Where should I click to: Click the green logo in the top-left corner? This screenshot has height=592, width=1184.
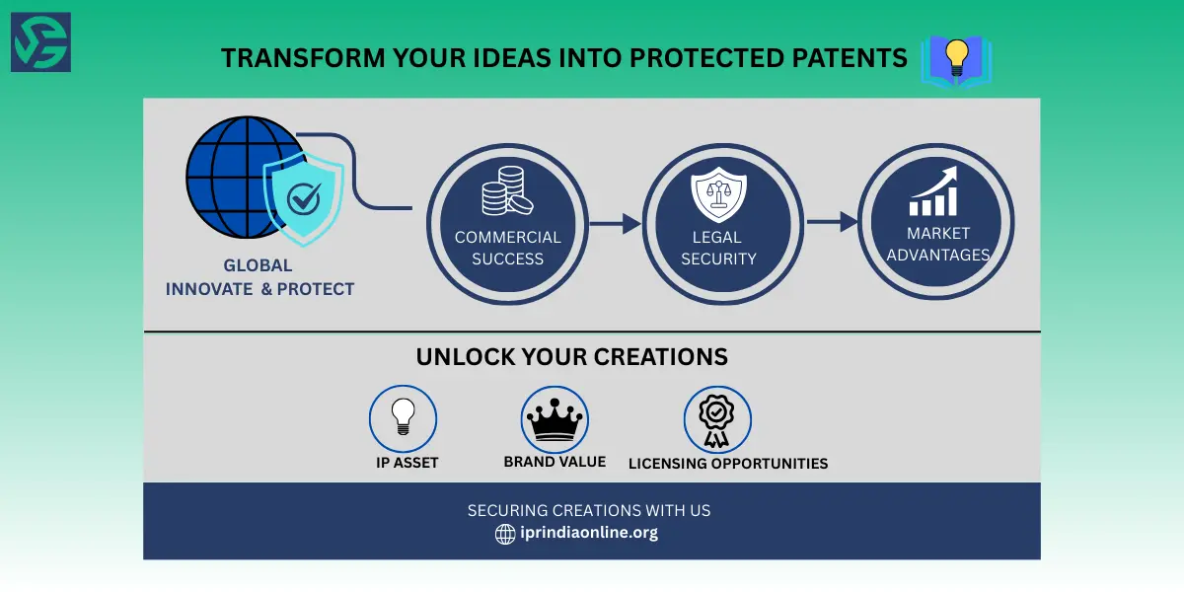coord(40,41)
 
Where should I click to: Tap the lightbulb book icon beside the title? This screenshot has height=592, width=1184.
coord(955,59)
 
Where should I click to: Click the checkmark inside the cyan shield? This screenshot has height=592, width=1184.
coord(303,200)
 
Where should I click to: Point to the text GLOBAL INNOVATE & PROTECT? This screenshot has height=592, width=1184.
coord(259,277)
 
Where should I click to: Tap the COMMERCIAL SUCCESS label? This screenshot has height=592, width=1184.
coord(507,248)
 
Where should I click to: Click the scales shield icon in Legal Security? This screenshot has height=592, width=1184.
coord(717,195)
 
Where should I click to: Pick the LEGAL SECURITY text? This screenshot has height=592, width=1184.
coord(717,248)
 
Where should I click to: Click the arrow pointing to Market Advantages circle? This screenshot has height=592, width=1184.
coord(832,222)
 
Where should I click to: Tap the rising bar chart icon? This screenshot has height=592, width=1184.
coord(932,191)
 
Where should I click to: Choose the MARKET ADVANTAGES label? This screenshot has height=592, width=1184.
coord(937,244)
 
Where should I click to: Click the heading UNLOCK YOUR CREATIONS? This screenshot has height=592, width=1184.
coord(571,356)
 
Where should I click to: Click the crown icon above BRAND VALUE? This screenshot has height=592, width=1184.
coord(555,419)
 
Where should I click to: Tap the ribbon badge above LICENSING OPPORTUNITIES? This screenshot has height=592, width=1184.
coord(717,419)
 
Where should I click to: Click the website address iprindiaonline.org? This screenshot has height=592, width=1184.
coord(589,533)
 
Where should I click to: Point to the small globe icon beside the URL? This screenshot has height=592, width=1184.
coord(505,534)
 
